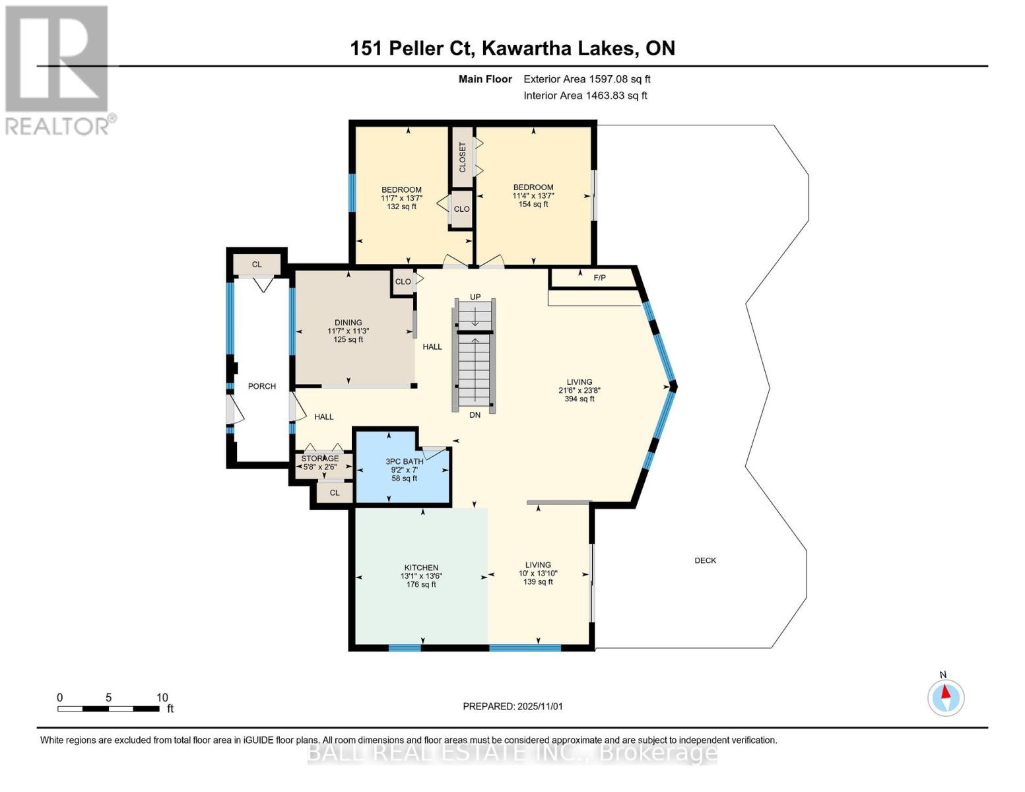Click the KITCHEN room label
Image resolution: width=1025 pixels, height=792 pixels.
pos(421,568)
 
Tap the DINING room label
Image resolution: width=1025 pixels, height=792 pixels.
pos(348,323)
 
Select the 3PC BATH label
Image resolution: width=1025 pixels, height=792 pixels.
pos(405,461)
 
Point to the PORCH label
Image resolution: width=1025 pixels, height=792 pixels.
pos(261,386)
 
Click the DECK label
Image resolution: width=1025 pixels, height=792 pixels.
pos(705,560)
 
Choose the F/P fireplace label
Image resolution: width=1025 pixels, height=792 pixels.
pos(599,278)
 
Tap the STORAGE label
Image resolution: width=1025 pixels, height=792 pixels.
pos(320,458)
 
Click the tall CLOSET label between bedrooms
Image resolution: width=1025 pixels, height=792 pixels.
pos(462,157)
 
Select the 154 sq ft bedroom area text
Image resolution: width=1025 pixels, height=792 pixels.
pos(533,205)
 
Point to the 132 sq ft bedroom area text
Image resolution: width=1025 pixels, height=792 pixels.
pos(401,207)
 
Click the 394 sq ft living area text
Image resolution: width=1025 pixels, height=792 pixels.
pos(579,399)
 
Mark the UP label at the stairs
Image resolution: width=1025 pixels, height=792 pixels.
pos(475,297)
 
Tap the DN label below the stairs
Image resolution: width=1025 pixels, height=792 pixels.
pos(475,415)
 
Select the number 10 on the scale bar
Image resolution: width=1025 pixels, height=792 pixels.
pos(162,698)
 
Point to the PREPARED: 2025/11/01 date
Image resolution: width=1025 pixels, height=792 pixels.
pos(513,706)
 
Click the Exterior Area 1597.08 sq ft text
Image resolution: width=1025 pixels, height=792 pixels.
pos(587,79)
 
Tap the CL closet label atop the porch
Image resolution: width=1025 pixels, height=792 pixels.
pos(257,265)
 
